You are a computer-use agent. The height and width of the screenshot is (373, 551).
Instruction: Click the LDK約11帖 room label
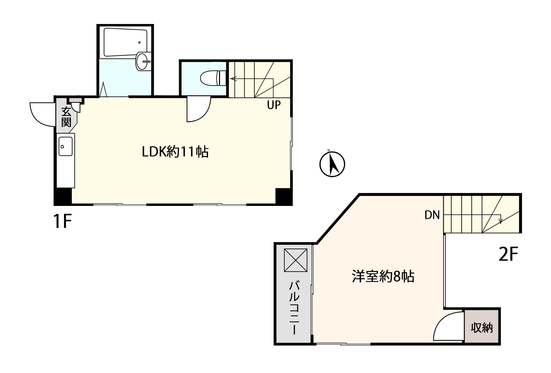pyautogui.click(x=175, y=152)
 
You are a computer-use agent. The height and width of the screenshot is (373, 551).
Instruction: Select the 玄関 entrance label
pyautogui.click(x=66, y=117)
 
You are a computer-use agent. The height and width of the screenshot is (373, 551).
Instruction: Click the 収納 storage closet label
pyautogui.click(x=482, y=328)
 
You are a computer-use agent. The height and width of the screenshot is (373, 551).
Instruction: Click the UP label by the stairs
pyautogui.click(x=274, y=105)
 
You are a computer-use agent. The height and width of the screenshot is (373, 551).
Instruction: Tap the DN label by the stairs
pyautogui.click(x=432, y=215)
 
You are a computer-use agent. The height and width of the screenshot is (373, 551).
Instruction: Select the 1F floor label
pyautogui.click(x=63, y=221)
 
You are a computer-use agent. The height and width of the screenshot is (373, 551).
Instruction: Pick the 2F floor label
pyautogui.click(x=508, y=255)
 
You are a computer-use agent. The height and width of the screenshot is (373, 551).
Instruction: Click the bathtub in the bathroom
pyautogui.click(x=125, y=42)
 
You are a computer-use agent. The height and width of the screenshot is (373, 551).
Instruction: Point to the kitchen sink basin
pyautogui.click(x=66, y=146)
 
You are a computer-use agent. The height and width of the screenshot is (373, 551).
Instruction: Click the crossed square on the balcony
pyautogui.click(x=296, y=260)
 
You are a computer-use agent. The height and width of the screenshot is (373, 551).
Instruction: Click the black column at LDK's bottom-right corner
pyautogui.click(x=284, y=196)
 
